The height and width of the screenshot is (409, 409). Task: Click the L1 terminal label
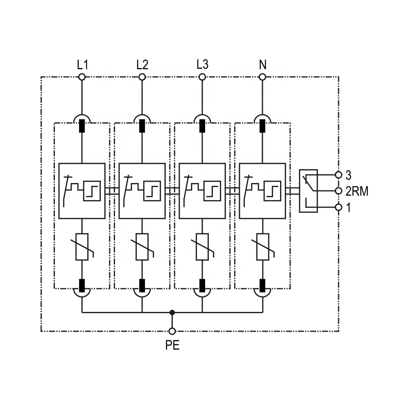pos(83,64)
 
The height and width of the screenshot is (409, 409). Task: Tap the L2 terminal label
pos(142,64)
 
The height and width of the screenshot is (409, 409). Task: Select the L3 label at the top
pos(202,64)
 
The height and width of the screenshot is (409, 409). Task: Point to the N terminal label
pos(262,64)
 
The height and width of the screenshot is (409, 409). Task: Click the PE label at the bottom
pos(172,346)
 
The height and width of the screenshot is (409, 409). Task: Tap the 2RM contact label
pos(357,191)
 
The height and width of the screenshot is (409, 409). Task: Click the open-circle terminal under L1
pos(82,77)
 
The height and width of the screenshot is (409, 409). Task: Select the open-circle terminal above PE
pos(172,331)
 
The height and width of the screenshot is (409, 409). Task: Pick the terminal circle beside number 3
pos(339,175)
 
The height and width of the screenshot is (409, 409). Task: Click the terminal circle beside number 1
pos(339,207)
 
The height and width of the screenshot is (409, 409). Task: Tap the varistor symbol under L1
pos(82,247)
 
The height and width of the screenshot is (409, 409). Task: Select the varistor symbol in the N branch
pos(262,247)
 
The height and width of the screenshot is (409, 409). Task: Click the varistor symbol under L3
pos(202,247)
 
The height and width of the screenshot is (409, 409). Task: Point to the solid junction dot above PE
pos(172,313)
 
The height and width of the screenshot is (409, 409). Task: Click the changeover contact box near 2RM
pos(308,191)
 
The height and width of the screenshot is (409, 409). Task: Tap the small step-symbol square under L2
pos(151,191)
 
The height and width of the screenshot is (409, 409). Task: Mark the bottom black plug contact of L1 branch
pos(82,284)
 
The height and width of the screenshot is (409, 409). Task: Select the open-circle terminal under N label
pos(262,77)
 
